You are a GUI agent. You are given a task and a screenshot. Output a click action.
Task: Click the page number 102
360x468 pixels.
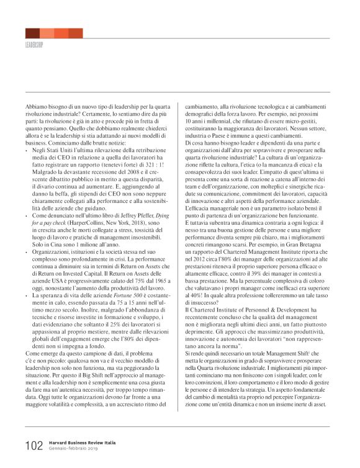pyautogui.click(x=34, y=446)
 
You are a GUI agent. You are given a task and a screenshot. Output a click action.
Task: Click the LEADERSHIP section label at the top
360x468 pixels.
pyautogui.click(x=37, y=45)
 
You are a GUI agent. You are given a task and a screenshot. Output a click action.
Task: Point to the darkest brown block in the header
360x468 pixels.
pyautogui.click(x=32, y=33)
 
